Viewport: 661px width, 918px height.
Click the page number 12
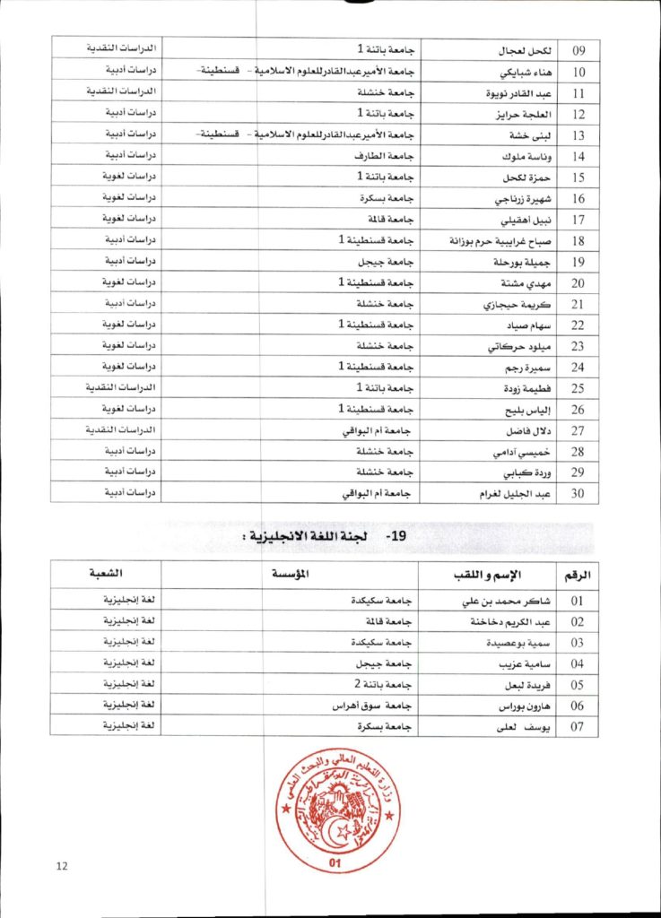[62, 865]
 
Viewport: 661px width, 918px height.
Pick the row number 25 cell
[578, 389]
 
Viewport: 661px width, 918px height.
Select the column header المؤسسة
[291, 574]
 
